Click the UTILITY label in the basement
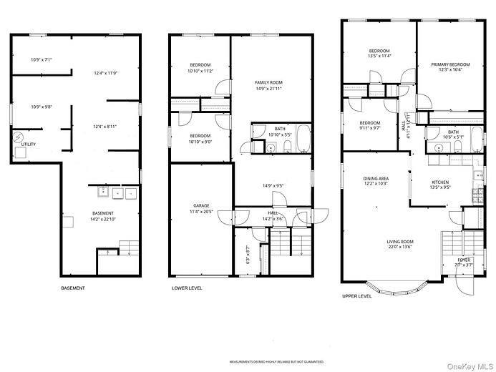click(28, 144)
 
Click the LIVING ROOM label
click(401, 244)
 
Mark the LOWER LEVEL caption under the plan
click(187, 288)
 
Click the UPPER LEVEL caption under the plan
click(357, 295)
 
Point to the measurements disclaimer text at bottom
click(276, 362)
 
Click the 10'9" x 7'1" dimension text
click(42, 59)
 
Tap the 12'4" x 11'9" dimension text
click(105, 73)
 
